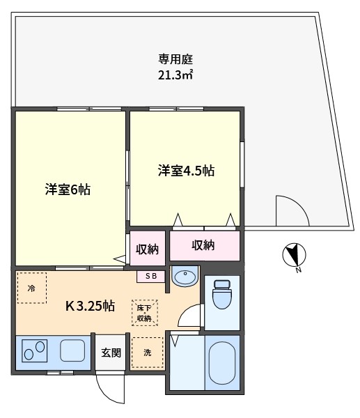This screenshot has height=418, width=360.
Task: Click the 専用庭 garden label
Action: point(175,59)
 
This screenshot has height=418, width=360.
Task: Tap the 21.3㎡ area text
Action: point(175,75)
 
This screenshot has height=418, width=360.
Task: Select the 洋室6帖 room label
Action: point(68,189)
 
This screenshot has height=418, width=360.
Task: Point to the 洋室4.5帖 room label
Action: point(186,171)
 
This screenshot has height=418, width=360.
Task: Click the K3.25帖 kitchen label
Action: point(90,306)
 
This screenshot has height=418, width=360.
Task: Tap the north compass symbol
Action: point(294,255)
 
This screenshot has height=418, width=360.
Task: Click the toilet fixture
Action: point(222,294)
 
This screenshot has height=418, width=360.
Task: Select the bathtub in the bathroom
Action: point(222,363)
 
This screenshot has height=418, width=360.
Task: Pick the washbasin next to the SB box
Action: point(185,276)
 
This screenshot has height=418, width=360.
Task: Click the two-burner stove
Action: point(34,350)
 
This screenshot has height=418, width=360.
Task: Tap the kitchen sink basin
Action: point(72,350)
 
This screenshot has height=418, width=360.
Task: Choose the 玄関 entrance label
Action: point(111,353)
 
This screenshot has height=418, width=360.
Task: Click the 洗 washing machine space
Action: point(148,353)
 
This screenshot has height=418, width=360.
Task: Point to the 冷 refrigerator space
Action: point(32,288)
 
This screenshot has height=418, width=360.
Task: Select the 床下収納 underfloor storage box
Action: point(145,313)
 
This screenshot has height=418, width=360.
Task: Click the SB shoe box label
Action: point(151,276)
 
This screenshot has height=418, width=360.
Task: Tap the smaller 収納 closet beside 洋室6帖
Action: point(148,248)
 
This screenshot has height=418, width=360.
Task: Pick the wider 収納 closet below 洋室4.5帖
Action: point(205,245)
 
